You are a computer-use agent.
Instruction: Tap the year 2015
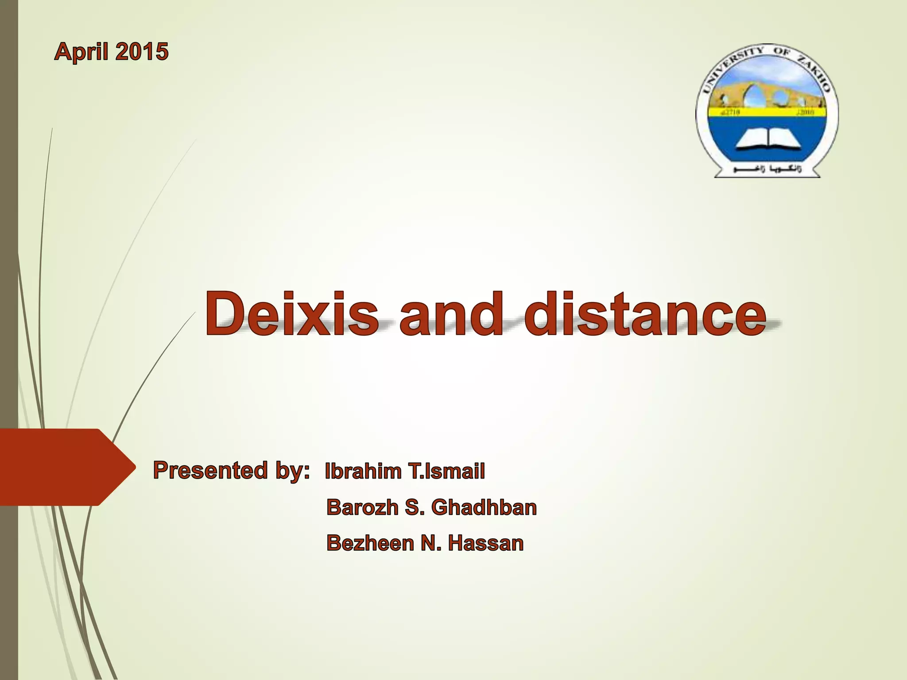pos(142,51)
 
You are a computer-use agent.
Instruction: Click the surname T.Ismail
pos(447,471)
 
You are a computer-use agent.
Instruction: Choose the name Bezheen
pos(370,543)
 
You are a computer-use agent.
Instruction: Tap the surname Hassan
pos(485,543)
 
